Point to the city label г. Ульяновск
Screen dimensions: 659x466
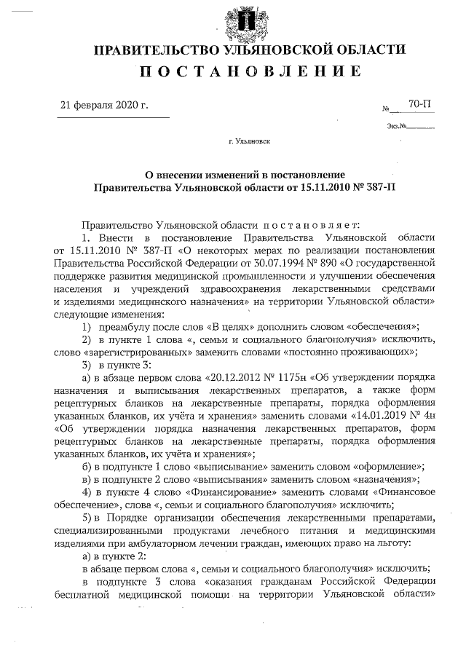tap(249, 141)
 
